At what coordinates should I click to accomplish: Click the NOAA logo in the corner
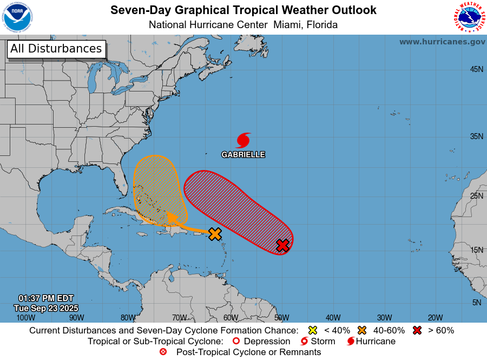[x=17, y=17]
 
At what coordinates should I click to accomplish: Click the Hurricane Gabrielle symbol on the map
[x=243, y=140]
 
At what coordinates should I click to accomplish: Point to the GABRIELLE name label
[x=243, y=155]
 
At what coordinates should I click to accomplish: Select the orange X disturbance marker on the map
[x=215, y=234]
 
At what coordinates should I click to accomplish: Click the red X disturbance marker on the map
[x=282, y=245]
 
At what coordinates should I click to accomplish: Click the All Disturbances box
[x=56, y=49]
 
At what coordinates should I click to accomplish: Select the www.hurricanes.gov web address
[x=442, y=42]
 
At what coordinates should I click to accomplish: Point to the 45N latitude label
[x=476, y=69]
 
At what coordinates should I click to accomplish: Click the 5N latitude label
[x=476, y=303]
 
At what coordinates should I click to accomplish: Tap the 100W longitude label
[x=25, y=318]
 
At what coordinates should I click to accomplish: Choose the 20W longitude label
[x=435, y=318]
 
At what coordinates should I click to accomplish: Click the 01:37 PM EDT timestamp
[x=46, y=298]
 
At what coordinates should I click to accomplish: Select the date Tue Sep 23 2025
[x=46, y=308]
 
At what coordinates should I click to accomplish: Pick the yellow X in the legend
[x=312, y=330]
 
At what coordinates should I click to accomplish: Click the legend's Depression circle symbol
[x=235, y=341]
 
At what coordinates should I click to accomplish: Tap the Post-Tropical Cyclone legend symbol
[x=163, y=352]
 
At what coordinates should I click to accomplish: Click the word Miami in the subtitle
[x=287, y=24]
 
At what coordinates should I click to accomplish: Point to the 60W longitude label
[x=231, y=318]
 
